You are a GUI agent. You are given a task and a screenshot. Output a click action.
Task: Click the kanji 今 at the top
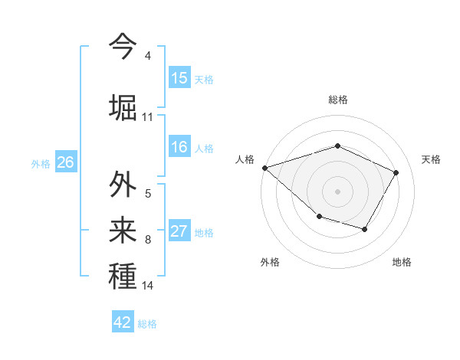[x=123, y=45]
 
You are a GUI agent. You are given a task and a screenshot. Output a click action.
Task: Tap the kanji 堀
[x=123, y=106]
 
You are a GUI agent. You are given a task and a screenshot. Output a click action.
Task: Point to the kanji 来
[x=123, y=230]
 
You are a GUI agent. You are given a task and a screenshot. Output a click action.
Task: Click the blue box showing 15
[x=179, y=78]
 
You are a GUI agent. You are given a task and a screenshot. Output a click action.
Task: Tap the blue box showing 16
[x=179, y=147]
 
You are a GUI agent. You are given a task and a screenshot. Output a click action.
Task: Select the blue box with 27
[x=179, y=231]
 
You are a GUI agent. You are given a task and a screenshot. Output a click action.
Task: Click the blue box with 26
[x=65, y=162]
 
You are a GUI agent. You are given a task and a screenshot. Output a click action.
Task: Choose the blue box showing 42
[x=123, y=322]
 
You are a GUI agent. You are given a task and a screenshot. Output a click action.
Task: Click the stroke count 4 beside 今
[x=147, y=56]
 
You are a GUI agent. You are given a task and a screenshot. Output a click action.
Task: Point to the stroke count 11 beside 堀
[x=147, y=117]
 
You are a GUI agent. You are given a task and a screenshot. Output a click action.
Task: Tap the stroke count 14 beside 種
[x=147, y=286]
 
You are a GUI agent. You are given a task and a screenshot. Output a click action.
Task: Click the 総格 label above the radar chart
[x=337, y=100]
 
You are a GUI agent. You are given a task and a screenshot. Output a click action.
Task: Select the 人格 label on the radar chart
[x=245, y=159]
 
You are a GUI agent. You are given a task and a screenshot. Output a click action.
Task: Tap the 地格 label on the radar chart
[x=402, y=262]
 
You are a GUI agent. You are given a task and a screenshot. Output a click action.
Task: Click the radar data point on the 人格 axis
[x=264, y=167]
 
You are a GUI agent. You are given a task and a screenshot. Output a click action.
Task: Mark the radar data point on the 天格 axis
[x=396, y=172]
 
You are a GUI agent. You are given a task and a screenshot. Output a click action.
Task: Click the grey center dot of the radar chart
[x=337, y=191]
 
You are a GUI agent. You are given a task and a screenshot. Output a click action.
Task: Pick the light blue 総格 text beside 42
[x=147, y=324]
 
